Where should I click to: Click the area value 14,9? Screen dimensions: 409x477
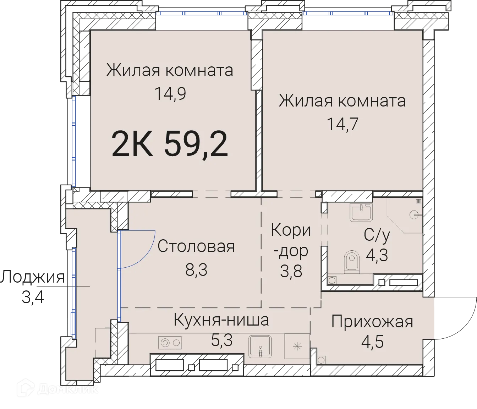click(x=170, y=94)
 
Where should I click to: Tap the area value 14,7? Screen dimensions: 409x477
click(x=342, y=125)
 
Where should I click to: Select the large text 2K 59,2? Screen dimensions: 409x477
click(x=170, y=144)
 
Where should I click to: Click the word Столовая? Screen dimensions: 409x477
click(x=196, y=246)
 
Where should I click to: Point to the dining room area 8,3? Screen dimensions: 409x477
click(x=196, y=270)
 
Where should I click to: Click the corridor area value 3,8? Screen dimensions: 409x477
click(x=291, y=272)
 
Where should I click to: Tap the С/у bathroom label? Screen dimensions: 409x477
click(x=377, y=235)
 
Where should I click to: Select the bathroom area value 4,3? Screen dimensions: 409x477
click(x=377, y=255)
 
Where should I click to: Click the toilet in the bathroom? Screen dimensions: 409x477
click(x=351, y=262)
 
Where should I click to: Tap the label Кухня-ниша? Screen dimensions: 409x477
click(x=221, y=320)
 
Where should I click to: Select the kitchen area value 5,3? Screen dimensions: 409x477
click(x=221, y=340)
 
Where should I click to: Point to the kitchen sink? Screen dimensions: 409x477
click(x=260, y=347)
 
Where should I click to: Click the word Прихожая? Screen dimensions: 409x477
click(x=372, y=322)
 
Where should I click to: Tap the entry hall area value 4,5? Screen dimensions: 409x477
click(x=372, y=342)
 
